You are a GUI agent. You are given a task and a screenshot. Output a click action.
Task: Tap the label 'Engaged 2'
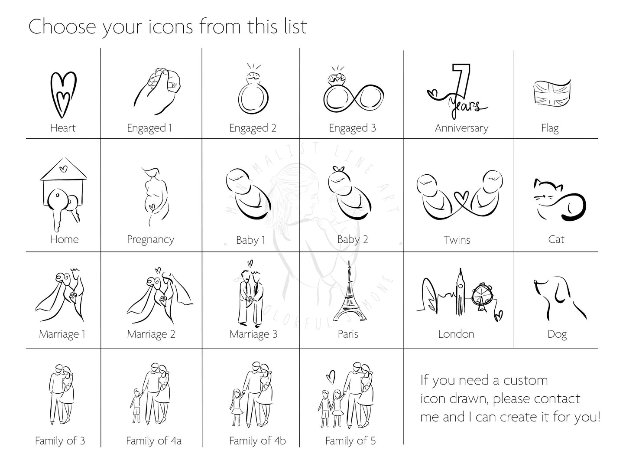pos(253,128)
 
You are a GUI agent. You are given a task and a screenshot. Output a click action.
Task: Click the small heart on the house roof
pos(64,169)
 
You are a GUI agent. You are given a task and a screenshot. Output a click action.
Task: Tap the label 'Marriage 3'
pos(253,334)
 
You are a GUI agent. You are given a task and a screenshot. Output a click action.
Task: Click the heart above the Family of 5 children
pos(331,377)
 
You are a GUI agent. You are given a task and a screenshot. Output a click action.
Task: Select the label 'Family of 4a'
pos(154,441)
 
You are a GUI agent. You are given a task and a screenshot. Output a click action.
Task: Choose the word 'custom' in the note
pos(525,381)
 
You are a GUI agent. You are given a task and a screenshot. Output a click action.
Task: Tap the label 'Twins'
pos(457,240)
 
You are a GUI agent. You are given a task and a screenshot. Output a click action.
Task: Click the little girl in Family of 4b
pos(237,408)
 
